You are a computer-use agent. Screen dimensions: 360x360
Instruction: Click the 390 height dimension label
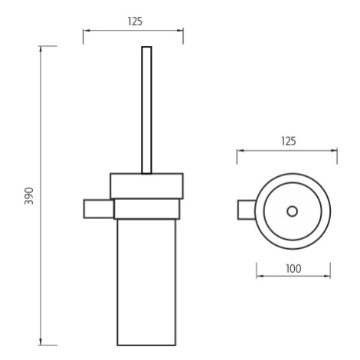click(29, 196)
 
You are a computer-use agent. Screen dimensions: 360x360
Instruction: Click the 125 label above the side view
click(135, 21)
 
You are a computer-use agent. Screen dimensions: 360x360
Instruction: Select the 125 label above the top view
click(289, 141)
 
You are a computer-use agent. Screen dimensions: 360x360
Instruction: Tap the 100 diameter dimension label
click(293, 269)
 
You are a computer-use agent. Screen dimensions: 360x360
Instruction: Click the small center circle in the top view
click(292, 211)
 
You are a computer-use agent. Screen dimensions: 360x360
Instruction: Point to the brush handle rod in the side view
click(146, 110)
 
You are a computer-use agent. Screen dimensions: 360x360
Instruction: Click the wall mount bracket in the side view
click(99, 209)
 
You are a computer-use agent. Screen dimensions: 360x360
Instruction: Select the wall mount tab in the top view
click(247, 210)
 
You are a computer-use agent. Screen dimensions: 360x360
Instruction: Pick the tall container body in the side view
click(146, 283)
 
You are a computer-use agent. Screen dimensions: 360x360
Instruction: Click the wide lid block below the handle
click(146, 186)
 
